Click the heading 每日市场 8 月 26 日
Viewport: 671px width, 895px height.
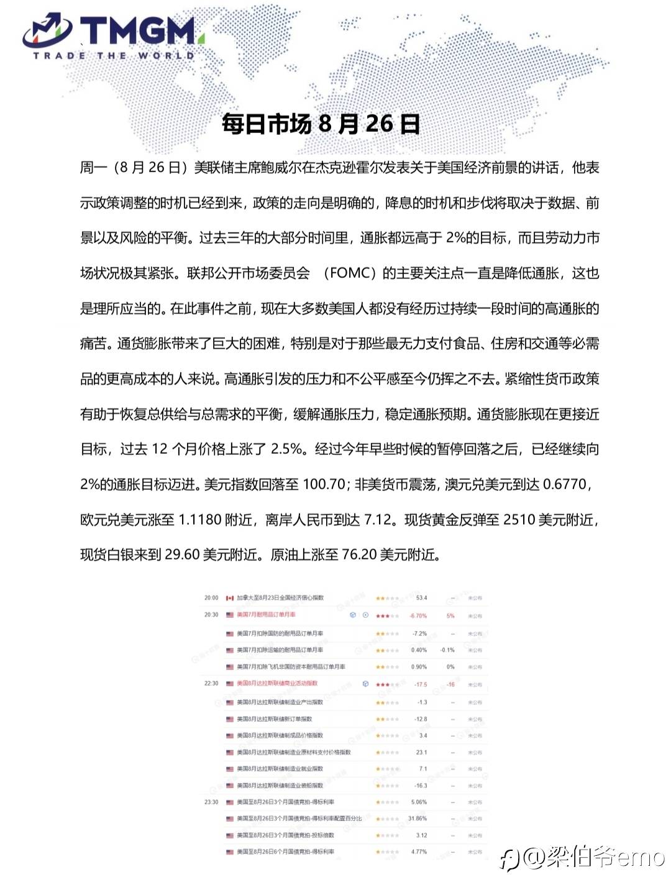[x=321, y=124]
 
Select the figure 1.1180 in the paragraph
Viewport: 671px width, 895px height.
[x=200, y=520]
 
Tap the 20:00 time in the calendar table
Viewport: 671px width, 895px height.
[x=211, y=598]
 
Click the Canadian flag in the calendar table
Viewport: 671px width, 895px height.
[x=230, y=598]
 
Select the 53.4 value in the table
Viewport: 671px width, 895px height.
[x=421, y=598]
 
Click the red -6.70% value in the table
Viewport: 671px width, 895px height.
[x=418, y=615]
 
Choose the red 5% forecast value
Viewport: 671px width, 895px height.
[x=450, y=615]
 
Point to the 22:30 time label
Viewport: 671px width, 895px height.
[x=211, y=684]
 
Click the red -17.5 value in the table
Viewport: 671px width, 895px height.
[x=421, y=684]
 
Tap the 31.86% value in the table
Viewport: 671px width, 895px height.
[x=418, y=819]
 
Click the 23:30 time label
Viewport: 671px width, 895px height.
[x=211, y=802]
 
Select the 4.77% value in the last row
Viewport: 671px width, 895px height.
[x=419, y=852]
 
